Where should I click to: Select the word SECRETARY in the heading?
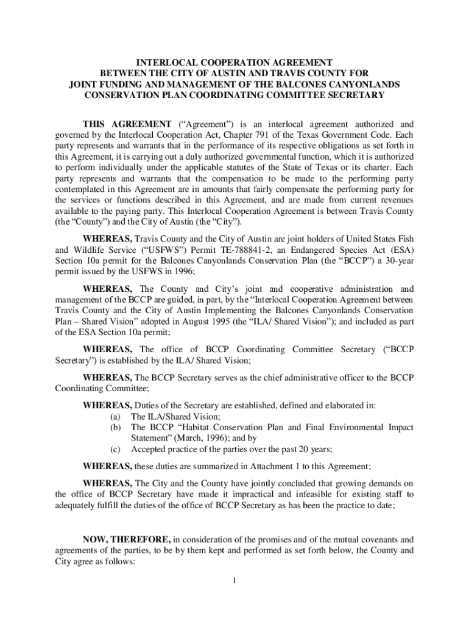click(356, 95)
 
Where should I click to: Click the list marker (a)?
click(115, 417)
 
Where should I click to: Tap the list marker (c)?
click(115, 450)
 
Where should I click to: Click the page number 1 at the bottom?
click(234, 580)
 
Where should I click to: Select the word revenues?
click(396, 200)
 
